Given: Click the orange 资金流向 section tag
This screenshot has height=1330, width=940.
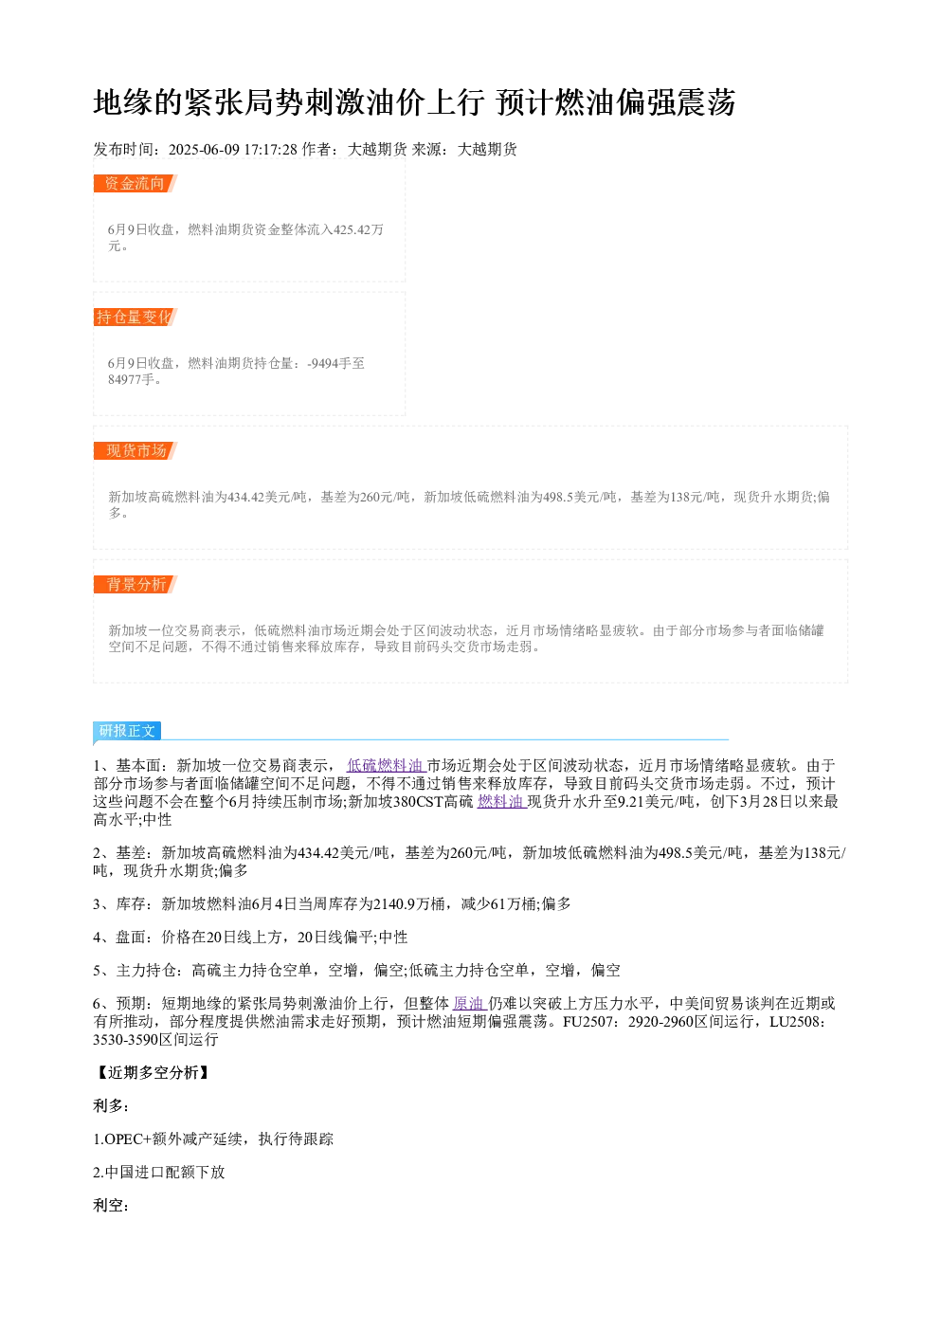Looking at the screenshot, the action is tap(136, 184).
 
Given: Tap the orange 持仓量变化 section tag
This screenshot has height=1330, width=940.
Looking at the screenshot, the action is tap(136, 317).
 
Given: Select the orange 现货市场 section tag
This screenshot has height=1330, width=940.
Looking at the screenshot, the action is tap(136, 450).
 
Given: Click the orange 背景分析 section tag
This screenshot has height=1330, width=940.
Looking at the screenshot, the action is tap(136, 584).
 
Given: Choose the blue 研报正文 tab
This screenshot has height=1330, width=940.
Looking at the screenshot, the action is tap(127, 730).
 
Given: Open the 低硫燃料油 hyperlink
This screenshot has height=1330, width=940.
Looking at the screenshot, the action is tap(385, 765).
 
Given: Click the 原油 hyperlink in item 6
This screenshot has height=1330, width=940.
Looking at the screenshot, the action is tap(468, 1004).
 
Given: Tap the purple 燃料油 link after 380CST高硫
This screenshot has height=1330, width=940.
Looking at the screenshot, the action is tap(500, 802).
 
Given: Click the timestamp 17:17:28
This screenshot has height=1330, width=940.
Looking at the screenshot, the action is tap(271, 150).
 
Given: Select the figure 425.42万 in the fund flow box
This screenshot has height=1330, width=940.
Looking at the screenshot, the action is tap(358, 229).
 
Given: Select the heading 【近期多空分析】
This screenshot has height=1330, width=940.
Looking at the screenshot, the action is tap(153, 1072).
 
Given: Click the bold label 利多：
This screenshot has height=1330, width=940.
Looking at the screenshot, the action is tap(112, 1105).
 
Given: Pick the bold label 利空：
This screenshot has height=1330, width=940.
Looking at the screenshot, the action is tap(112, 1205).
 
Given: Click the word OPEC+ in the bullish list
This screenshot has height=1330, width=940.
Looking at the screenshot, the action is tap(128, 1139).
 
